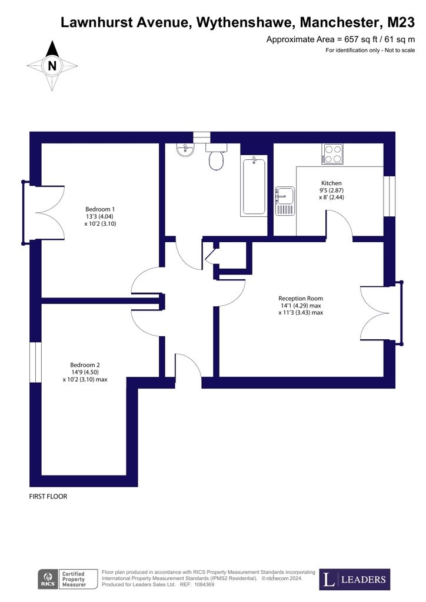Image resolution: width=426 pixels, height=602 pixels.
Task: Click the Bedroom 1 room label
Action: [x=100, y=209]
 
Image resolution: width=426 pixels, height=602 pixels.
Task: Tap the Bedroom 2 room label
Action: [x=85, y=364]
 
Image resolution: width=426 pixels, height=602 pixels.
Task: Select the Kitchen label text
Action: [x=331, y=183]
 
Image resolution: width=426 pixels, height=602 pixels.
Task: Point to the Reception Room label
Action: [x=301, y=298]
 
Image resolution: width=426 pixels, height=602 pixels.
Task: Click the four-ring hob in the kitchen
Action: [x=332, y=154]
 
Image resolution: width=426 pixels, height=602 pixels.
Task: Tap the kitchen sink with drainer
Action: [x=285, y=201]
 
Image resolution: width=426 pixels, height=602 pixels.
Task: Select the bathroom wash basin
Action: [x=187, y=150]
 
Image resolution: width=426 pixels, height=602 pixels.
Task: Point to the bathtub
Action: [x=254, y=186]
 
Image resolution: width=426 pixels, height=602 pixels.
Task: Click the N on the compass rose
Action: [x=52, y=66]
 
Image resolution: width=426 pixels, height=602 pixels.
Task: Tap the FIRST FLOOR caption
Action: [x=48, y=496]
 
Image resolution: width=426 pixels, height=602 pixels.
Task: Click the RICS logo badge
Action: [x=48, y=579]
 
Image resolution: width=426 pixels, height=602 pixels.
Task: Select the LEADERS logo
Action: [x=355, y=579]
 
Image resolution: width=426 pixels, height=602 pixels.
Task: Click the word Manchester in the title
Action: [x=338, y=23]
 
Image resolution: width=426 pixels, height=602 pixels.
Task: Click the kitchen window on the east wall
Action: [x=390, y=196]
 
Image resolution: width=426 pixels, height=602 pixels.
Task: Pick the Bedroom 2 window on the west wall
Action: [x=35, y=362]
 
